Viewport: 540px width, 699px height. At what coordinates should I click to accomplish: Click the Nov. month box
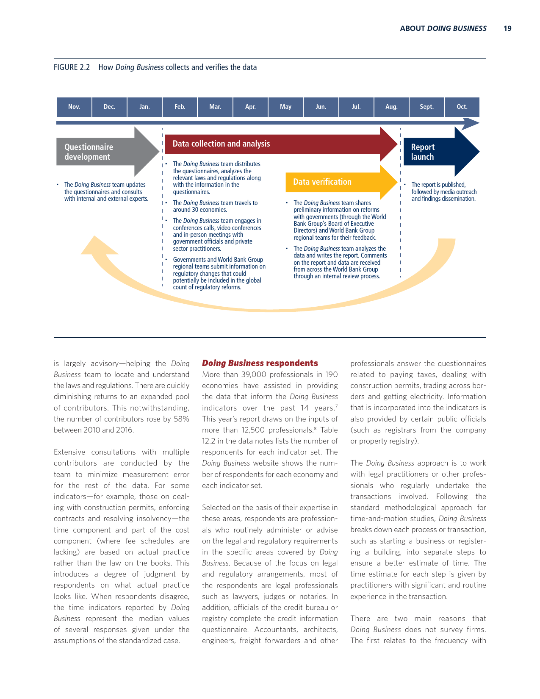coord(74,107)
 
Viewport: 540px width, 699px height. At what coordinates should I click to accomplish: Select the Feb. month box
coord(180,107)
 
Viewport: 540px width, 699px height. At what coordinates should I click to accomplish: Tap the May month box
coord(285,107)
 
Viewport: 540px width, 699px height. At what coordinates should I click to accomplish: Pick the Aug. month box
coord(391,107)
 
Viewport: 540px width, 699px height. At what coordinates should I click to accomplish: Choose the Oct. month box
coord(462,107)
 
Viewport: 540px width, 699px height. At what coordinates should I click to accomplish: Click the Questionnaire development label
coord(89,152)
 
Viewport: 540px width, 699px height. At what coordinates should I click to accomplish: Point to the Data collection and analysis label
coord(221,144)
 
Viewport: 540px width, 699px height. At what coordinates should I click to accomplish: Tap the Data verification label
coord(322,182)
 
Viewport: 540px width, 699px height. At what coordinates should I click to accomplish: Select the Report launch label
coord(423,152)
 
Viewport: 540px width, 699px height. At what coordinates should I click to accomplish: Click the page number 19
coord(507,28)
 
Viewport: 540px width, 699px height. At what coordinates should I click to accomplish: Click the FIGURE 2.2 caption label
coord(72,67)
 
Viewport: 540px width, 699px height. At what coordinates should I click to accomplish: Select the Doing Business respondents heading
coord(260,363)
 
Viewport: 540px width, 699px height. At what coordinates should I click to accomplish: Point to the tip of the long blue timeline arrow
coord(479,123)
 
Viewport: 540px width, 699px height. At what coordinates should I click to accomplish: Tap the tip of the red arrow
coord(397,144)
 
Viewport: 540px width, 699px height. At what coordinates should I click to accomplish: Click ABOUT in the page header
coord(412,28)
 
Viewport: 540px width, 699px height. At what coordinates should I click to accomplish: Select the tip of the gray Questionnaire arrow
coord(159,152)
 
